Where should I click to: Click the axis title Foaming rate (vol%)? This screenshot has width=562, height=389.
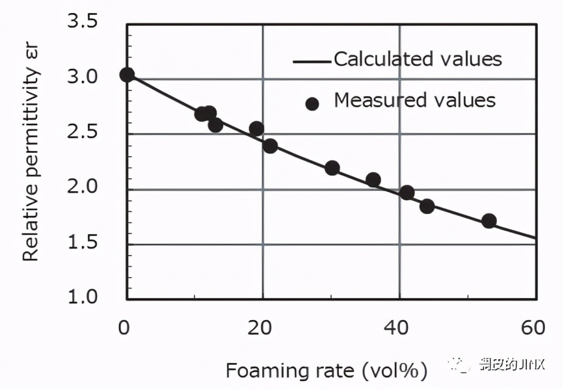point(327,371)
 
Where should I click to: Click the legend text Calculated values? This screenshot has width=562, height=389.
point(418,59)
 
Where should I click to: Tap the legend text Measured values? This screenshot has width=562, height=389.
point(414,100)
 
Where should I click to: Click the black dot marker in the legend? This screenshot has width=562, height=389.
point(312,103)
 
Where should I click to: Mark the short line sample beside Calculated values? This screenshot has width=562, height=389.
point(312,62)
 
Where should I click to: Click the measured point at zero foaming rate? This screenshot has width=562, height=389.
point(127,75)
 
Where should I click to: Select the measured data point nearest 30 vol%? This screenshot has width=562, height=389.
point(332,168)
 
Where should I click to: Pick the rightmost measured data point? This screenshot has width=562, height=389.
point(489,221)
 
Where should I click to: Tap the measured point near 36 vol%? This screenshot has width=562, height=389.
point(373,180)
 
